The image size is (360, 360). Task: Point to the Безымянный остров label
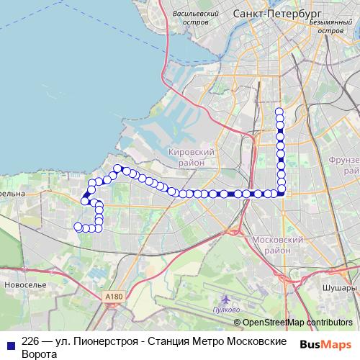[330, 27]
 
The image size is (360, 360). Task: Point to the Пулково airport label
[228, 310]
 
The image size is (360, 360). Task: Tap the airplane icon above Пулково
[227, 299]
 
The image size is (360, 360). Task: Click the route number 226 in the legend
[31, 341]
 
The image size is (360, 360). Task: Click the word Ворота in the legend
[40, 354]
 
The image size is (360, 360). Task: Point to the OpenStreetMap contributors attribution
[297, 323]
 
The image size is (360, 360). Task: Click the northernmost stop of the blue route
[280, 111]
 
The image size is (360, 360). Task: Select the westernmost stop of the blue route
[78, 227]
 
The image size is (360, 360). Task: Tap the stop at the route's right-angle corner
[280, 192]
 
